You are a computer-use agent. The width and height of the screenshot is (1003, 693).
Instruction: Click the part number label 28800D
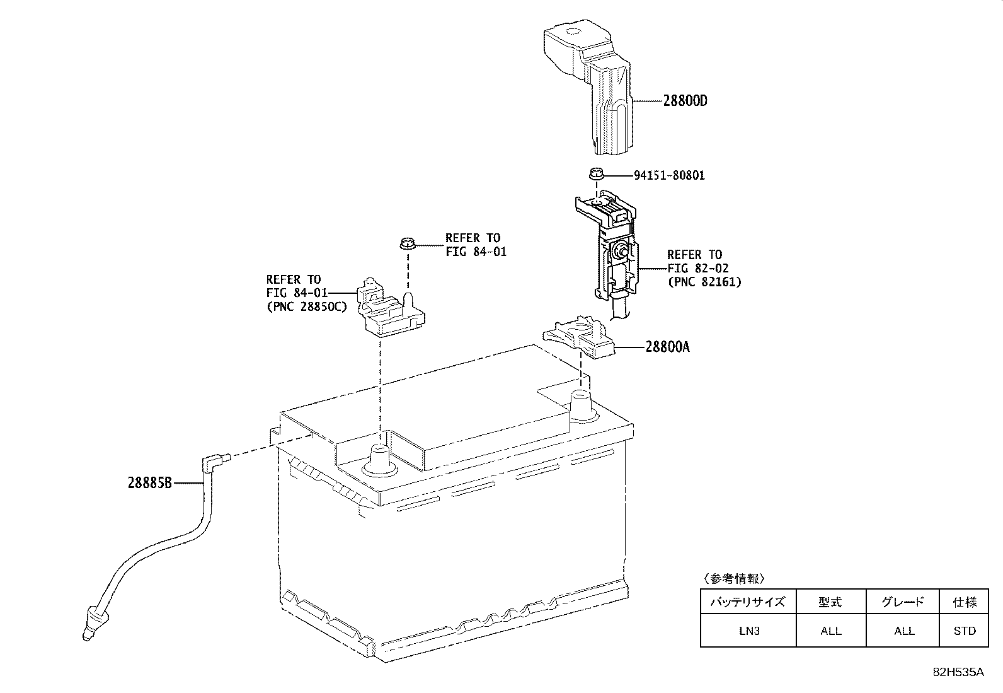[x=685, y=101]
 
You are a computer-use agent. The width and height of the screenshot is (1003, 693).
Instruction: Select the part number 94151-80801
[x=670, y=175]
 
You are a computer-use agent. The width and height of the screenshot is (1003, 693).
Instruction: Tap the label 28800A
[x=668, y=347]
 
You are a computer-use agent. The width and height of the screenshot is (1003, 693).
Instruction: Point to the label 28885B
[x=150, y=483]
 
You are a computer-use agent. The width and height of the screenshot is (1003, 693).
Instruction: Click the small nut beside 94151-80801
[x=597, y=173]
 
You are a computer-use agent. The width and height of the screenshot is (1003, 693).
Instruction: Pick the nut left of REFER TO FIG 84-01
[x=408, y=243]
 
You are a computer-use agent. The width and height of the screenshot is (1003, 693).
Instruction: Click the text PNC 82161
[x=704, y=282]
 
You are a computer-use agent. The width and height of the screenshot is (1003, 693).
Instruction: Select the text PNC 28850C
[x=307, y=307]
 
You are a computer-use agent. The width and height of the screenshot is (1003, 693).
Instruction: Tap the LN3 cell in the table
[x=749, y=631]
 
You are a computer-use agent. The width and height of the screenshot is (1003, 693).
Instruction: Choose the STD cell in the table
[x=965, y=631]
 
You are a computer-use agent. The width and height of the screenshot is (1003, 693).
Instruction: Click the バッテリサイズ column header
[x=748, y=602]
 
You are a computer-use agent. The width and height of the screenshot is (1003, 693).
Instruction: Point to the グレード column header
[x=903, y=602]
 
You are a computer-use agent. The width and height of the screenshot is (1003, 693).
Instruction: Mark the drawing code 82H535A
[x=958, y=672]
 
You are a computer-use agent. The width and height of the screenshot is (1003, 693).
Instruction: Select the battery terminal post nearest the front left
[x=380, y=460]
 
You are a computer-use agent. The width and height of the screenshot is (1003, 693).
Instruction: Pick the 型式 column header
[x=830, y=602]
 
